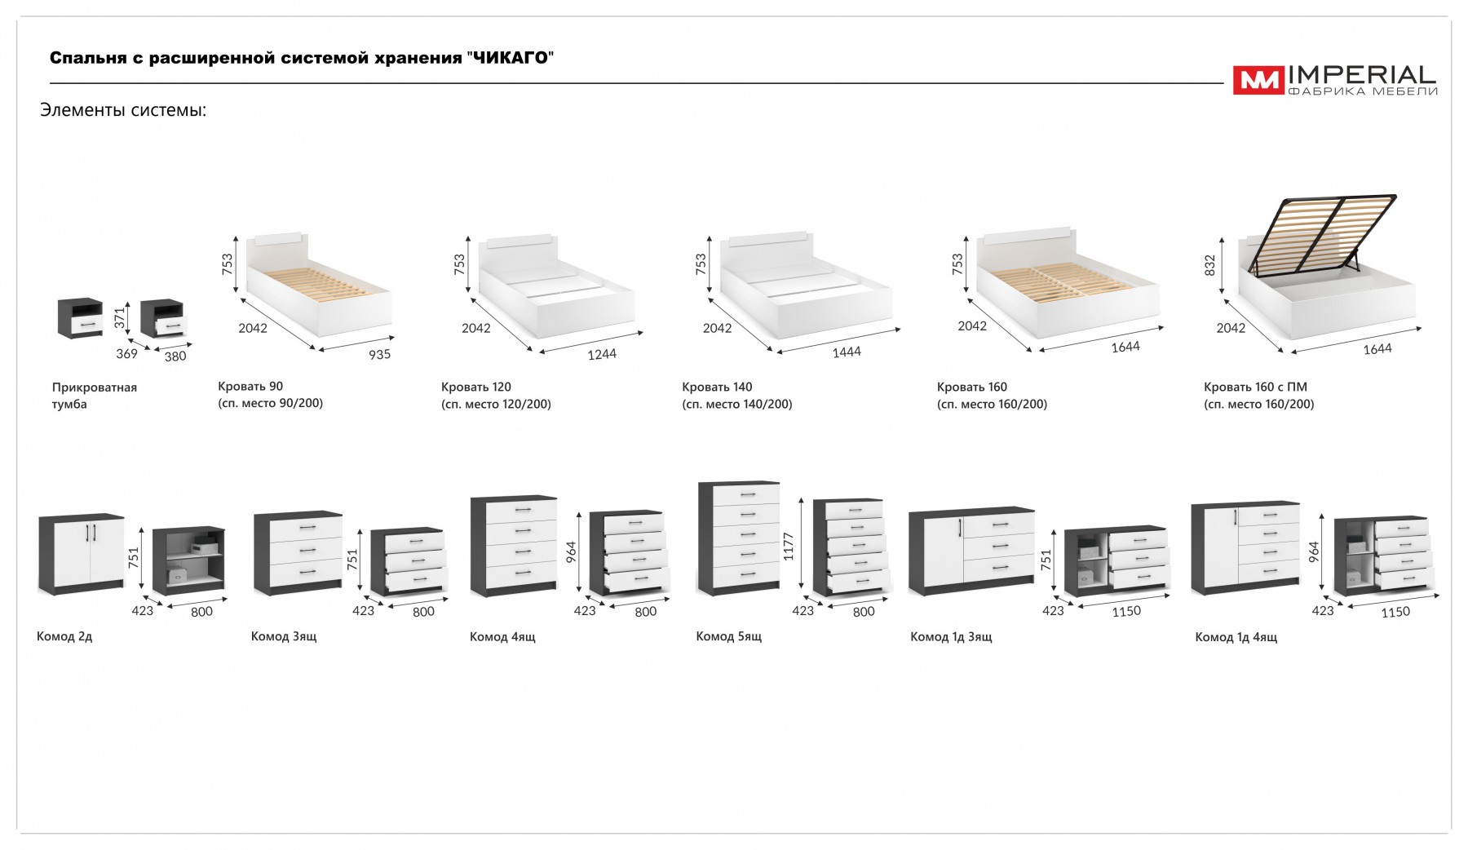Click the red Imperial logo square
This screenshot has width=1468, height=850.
(x=1258, y=80)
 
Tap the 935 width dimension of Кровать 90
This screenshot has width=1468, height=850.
(x=379, y=354)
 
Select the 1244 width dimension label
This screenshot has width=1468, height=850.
(x=601, y=354)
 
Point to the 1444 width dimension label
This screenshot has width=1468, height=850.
(x=847, y=352)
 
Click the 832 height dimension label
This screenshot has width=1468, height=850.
(x=1209, y=264)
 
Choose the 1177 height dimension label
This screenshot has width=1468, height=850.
(x=788, y=547)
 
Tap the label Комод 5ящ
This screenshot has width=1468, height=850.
(x=728, y=636)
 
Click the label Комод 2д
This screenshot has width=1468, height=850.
(x=64, y=636)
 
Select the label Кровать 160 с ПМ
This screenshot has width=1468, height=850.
(x=1255, y=387)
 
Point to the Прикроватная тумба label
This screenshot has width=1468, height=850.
(x=94, y=396)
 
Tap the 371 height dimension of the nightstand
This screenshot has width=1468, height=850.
(x=120, y=317)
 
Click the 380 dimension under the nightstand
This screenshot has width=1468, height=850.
(x=175, y=356)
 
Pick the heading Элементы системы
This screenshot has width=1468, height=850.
(x=123, y=110)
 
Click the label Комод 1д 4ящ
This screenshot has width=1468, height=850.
(x=1236, y=637)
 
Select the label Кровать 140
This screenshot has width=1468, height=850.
(x=717, y=387)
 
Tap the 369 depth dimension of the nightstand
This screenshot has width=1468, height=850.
(x=126, y=354)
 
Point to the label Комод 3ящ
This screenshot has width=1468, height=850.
(x=283, y=636)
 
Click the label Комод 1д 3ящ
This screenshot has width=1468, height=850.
(x=951, y=636)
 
